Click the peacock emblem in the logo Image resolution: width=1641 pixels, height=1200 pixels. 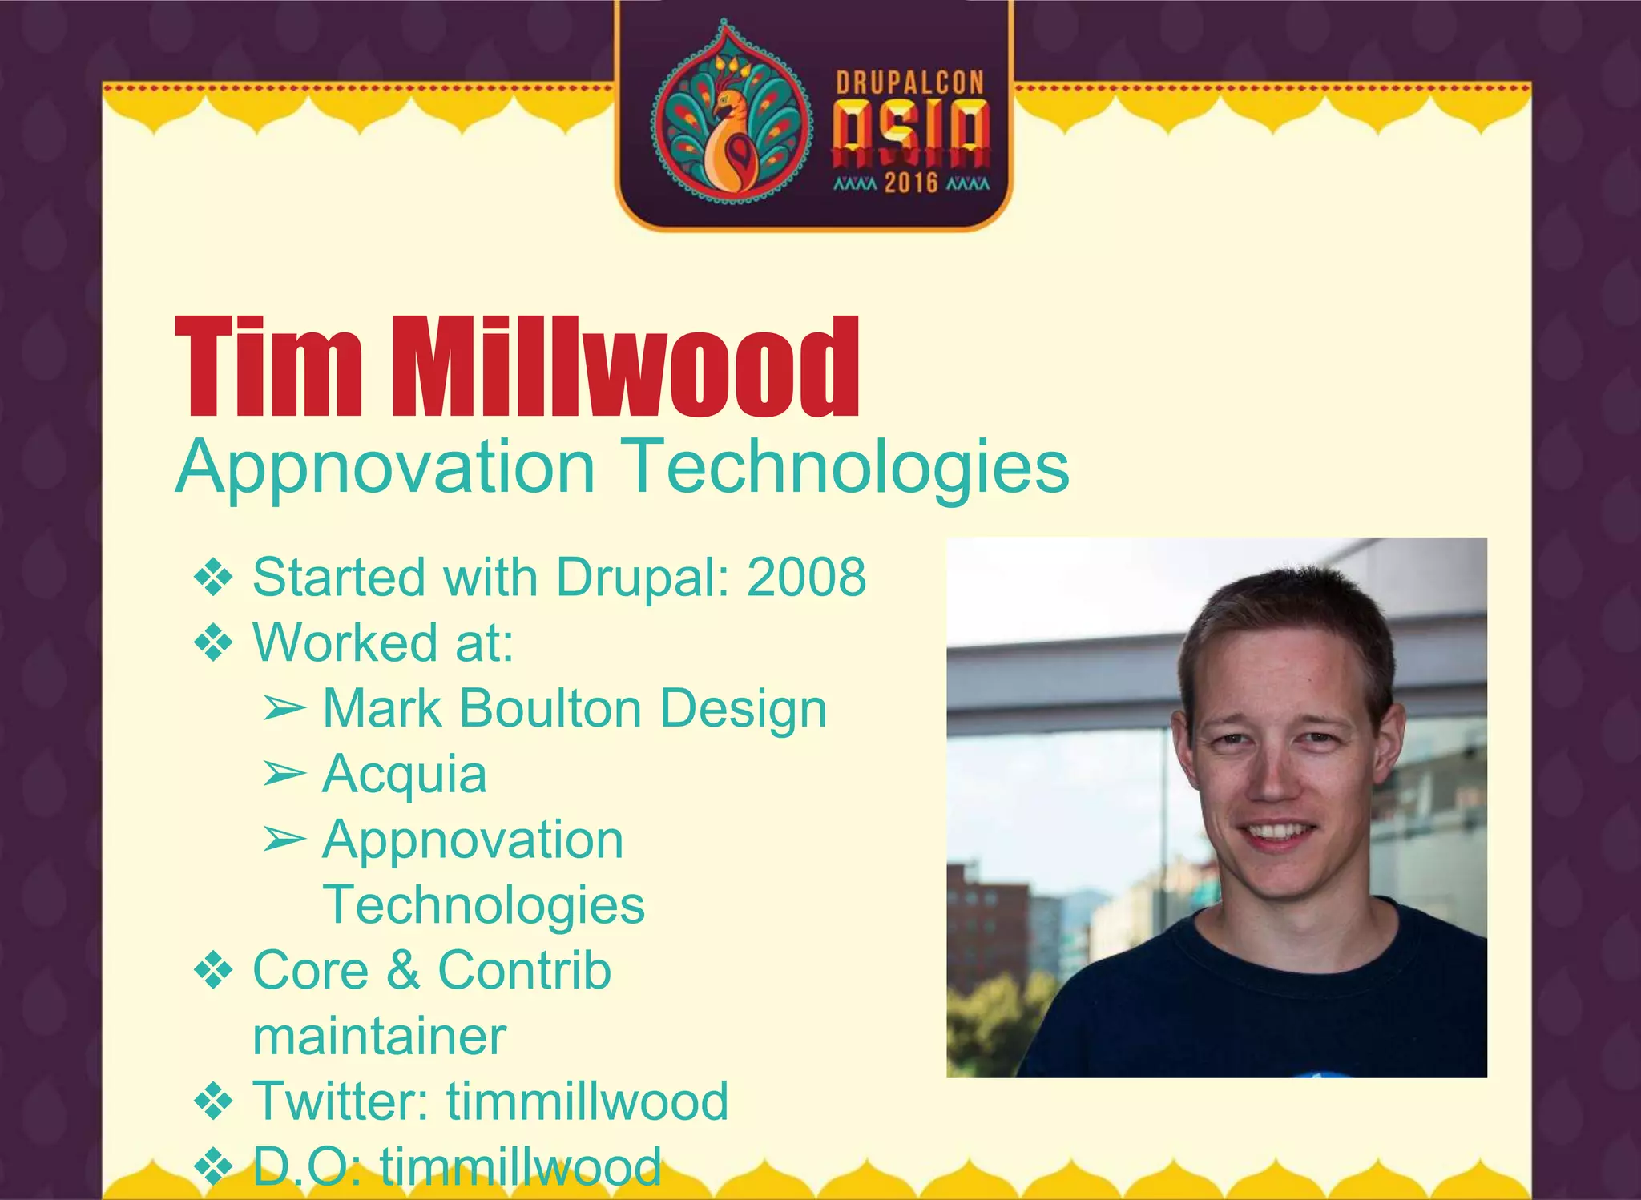coord(728,112)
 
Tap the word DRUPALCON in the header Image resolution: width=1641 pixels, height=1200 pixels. coord(909,83)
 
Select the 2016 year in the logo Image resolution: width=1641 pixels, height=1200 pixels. coord(911,183)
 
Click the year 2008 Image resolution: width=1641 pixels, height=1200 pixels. coord(806,577)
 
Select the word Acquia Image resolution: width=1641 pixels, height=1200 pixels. coord(405,775)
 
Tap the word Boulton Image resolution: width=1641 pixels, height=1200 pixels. coord(551,709)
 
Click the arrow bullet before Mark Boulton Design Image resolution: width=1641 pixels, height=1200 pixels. coord(284,708)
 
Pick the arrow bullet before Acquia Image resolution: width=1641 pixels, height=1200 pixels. coord(284,774)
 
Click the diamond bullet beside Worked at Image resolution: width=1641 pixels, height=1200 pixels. coord(213,643)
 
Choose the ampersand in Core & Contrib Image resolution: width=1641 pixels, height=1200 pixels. coord(403,971)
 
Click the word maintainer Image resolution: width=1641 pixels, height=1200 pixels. coord(379,1037)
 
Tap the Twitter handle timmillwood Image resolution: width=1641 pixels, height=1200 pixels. coord(587,1101)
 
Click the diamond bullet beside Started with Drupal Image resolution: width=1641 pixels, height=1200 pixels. coord(213,578)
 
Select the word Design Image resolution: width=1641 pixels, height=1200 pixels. coord(744,709)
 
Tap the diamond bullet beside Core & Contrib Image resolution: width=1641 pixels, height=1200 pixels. coord(213,972)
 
